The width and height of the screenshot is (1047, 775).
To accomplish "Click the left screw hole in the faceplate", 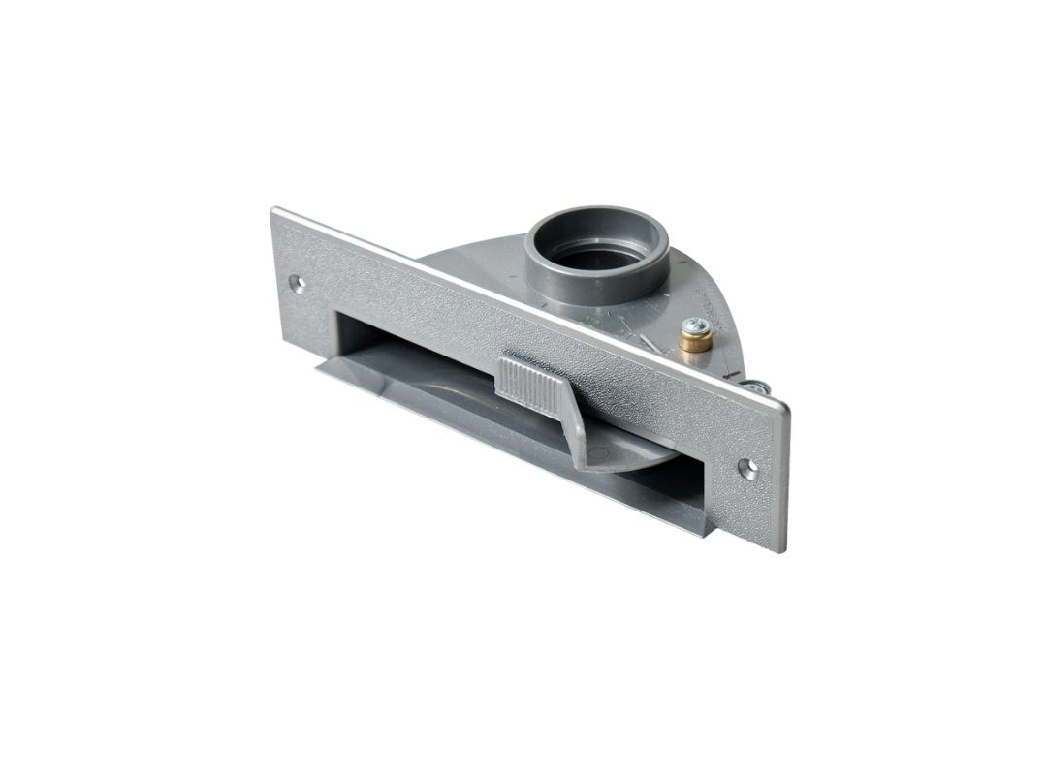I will pyautogui.click(x=298, y=285).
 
